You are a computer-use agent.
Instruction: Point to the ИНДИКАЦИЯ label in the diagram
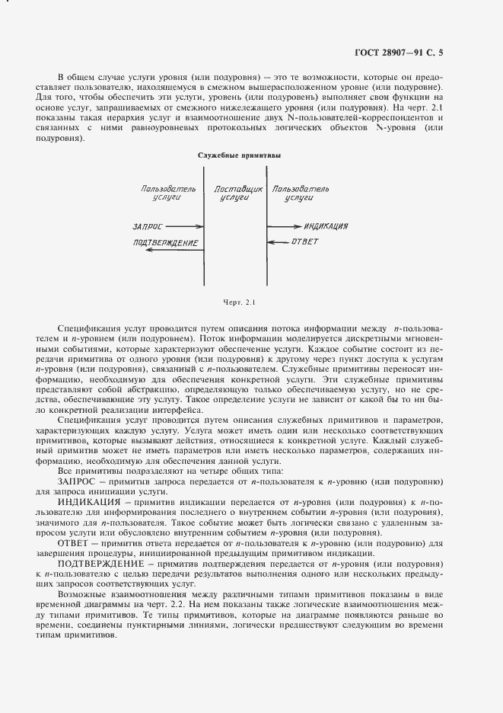coord(326,226)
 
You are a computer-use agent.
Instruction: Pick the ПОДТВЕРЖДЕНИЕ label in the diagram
coord(165,243)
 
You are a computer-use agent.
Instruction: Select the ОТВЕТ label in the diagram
coord(305,242)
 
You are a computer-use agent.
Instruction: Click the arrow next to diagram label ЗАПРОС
coord(181,226)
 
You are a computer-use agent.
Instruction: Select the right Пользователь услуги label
coord(301,192)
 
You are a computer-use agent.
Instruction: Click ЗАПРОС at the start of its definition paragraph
coord(78,482)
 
